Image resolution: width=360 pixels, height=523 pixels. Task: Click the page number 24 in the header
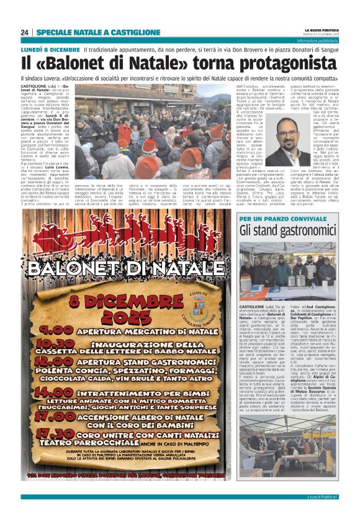pyautogui.click(x=25, y=32)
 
